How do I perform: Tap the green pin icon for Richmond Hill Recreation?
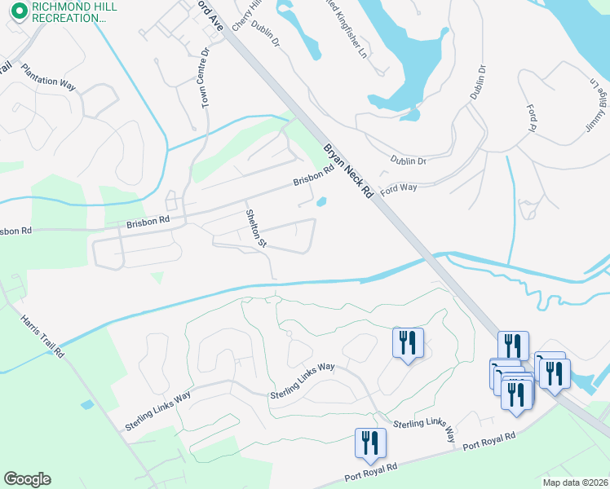(19, 12)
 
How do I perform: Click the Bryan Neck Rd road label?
(347, 172)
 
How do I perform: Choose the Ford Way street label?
(400, 187)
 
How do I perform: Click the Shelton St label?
(256, 227)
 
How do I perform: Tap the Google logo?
(27, 478)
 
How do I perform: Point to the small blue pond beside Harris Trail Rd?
(87, 405)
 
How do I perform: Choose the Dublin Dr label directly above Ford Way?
(408, 161)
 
